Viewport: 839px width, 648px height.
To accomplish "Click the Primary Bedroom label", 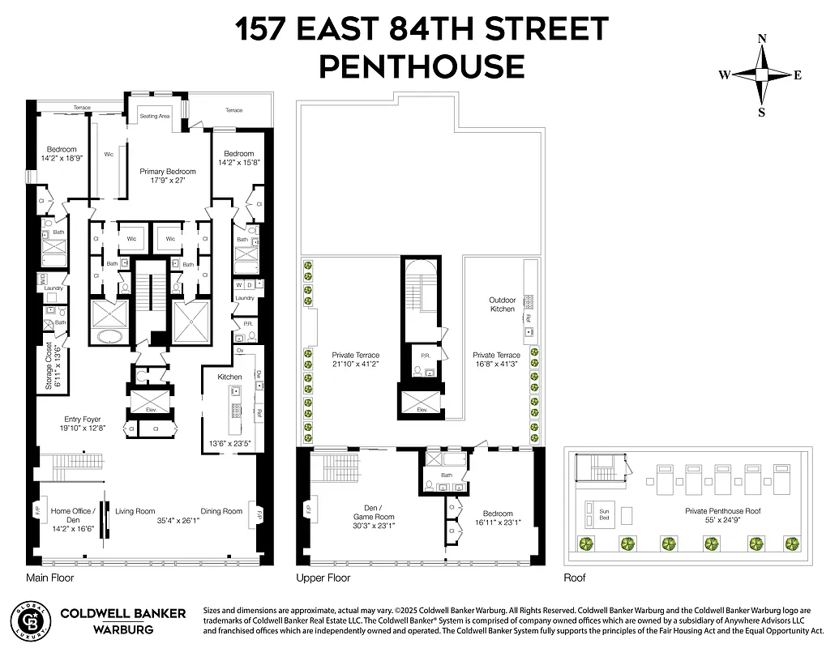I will (x=168, y=172).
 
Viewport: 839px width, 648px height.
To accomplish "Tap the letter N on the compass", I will (x=762, y=39).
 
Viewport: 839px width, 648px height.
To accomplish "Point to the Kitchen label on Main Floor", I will (x=230, y=377).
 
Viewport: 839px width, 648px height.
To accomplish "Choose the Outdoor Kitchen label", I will (x=502, y=305).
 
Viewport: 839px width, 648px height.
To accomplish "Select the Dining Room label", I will (x=222, y=511).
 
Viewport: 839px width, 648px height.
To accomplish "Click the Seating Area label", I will (x=154, y=117).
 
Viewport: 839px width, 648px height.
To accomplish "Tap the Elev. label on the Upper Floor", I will (x=422, y=410).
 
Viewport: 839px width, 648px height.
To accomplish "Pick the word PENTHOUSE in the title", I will (x=422, y=65).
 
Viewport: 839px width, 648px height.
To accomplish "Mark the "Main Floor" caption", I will (x=49, y=578).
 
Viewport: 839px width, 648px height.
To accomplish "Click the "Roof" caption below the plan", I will (x=574, y=578).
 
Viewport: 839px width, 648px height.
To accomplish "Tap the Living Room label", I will (x=135, y=511).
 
